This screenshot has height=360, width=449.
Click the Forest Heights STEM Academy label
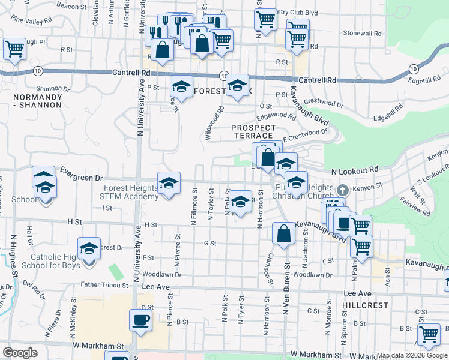(x=129, y=192)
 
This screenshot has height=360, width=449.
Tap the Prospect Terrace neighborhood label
(x=254, y=132)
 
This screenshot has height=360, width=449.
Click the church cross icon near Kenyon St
(x=343, y=190)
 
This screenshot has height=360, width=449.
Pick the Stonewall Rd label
(x=361, y=35)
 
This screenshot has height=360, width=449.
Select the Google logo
(x=20, y=353)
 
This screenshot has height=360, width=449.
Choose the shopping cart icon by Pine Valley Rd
(x=14, y=48)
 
